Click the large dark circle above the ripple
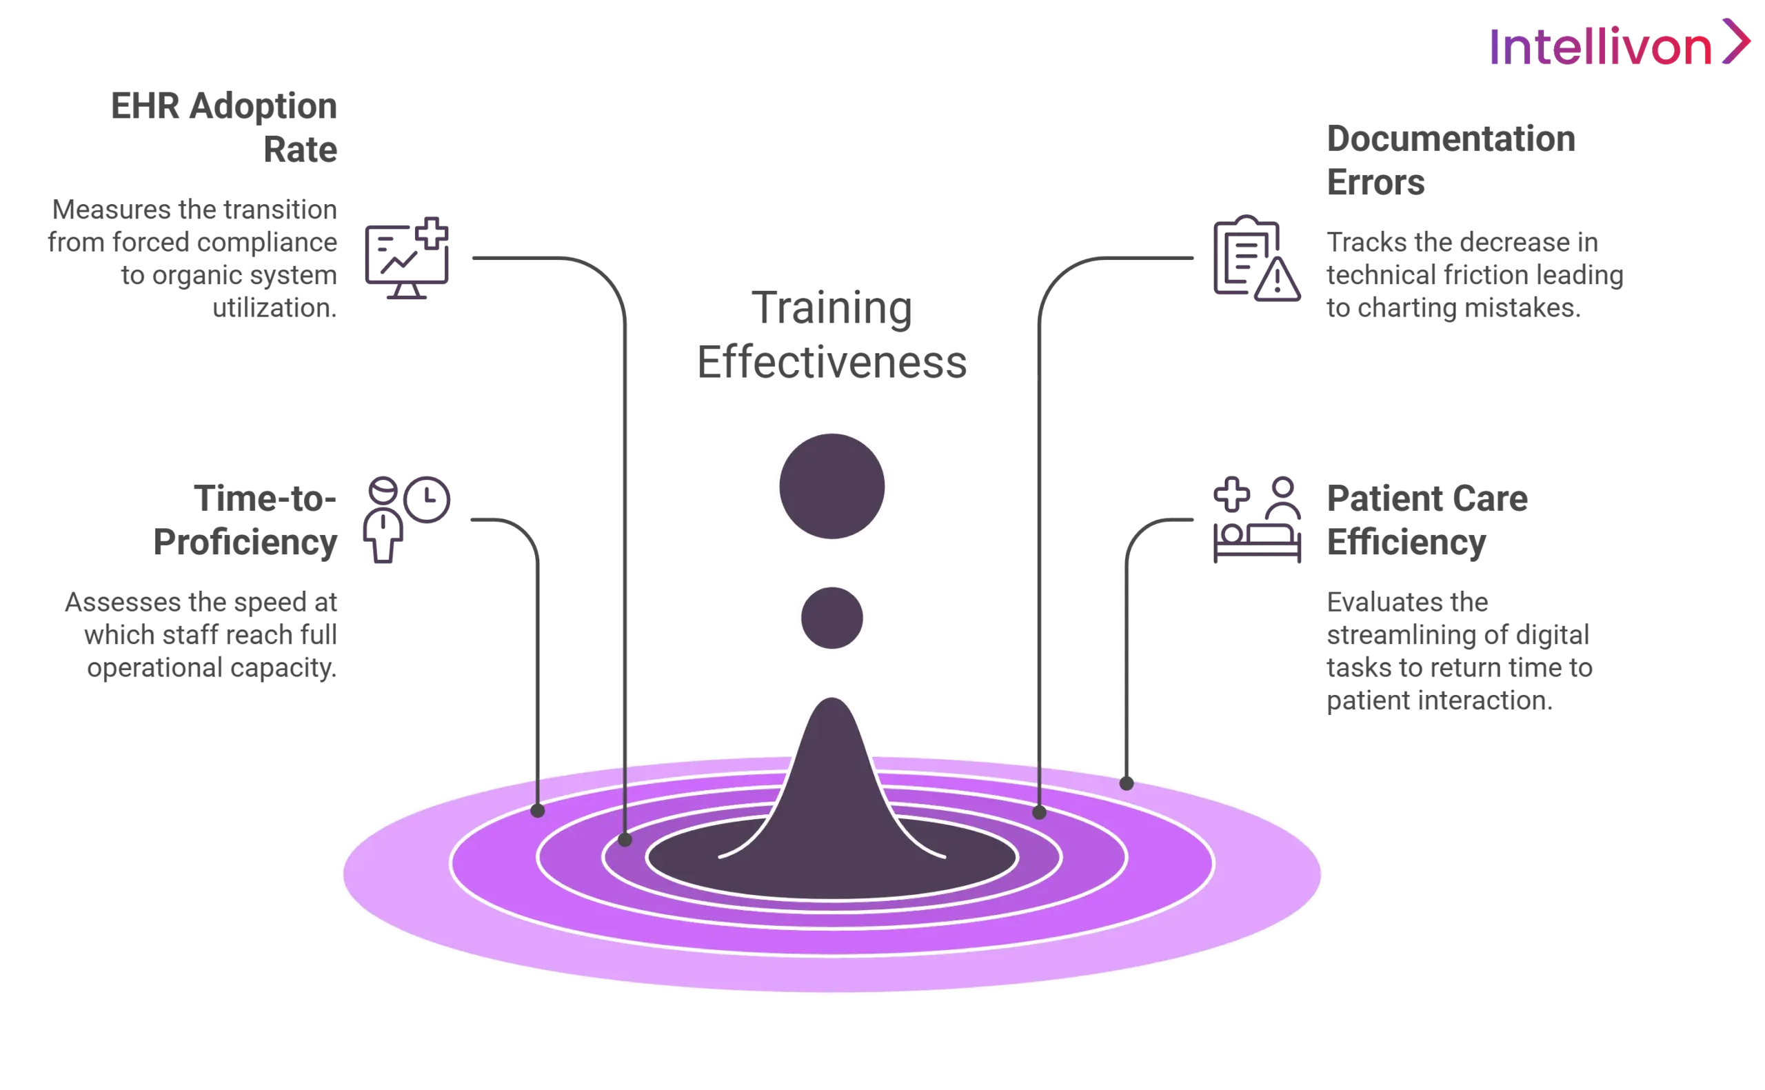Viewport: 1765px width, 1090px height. (832, 486)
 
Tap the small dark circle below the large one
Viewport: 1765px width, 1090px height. (832, 618)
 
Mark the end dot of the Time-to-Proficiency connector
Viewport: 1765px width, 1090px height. (537, 810)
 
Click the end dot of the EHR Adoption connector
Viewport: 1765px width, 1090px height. (625, 839)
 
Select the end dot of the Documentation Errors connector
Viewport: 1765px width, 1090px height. (1038, 812)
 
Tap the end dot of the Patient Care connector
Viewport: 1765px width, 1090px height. (1127, 783)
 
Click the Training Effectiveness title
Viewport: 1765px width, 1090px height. (832, 334)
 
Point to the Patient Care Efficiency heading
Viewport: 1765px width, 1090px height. (1426, 519)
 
